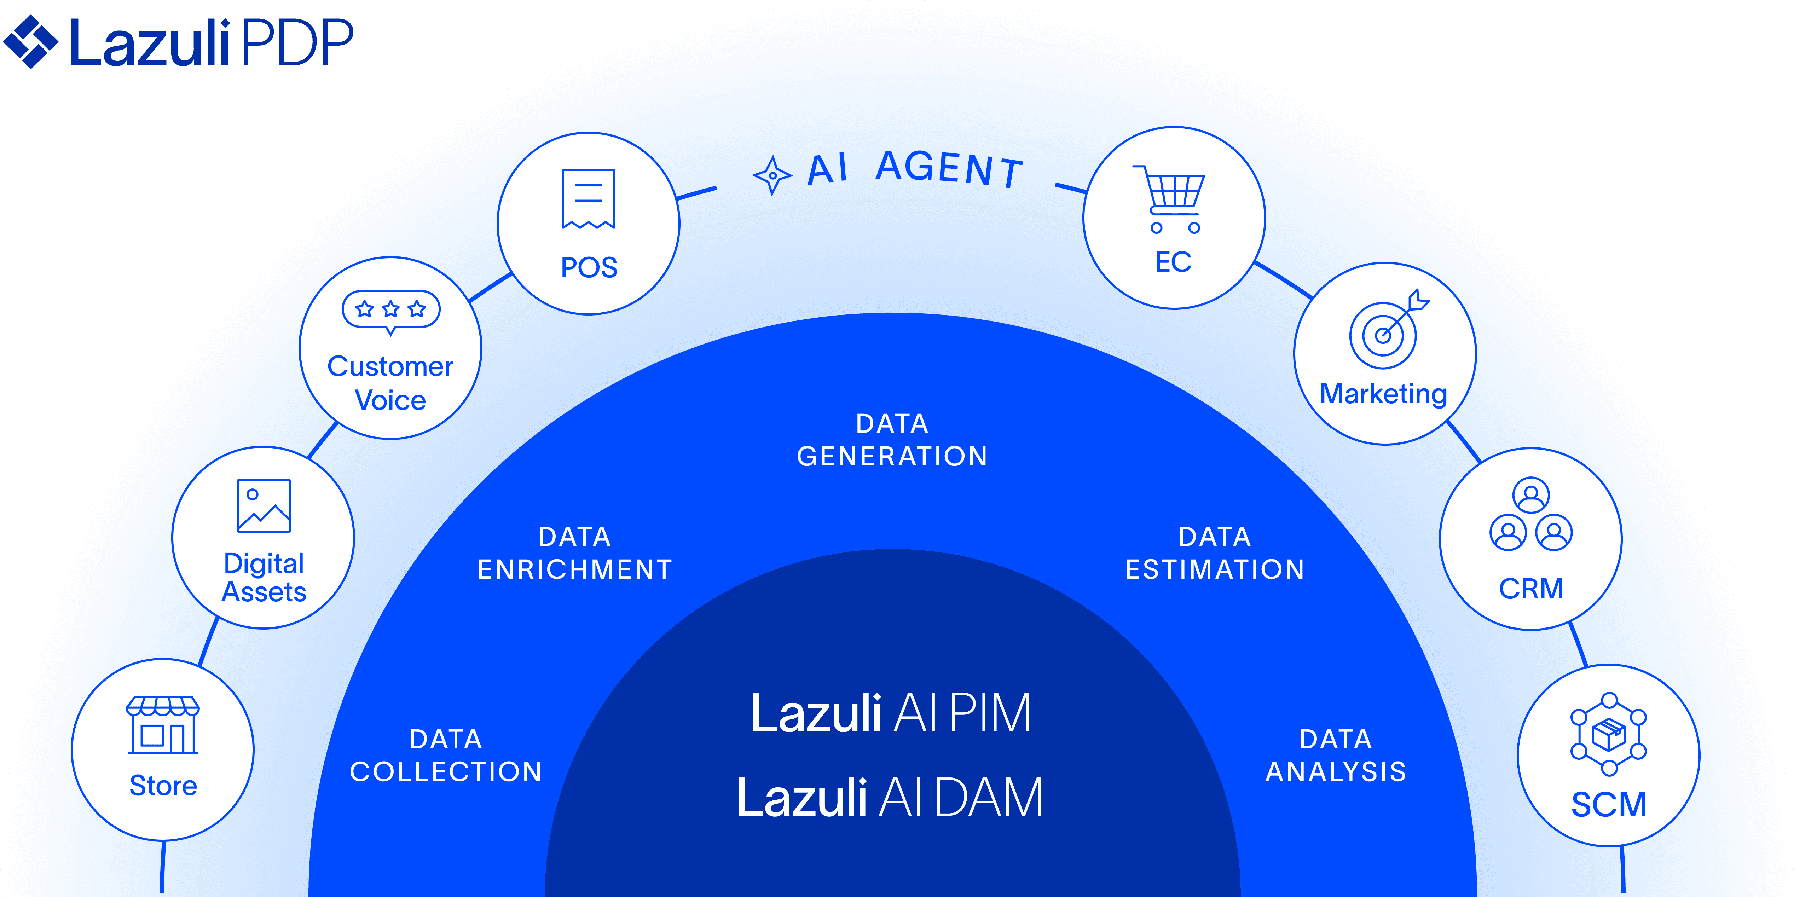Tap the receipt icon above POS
coord(589,198)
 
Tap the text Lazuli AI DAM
coord(890,797)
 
